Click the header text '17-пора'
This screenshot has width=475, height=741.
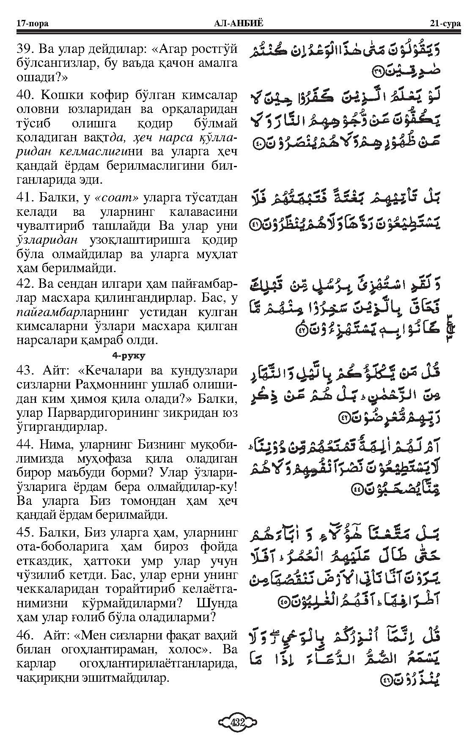[x=32, y=23]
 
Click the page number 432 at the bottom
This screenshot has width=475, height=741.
[x=237, y=722]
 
